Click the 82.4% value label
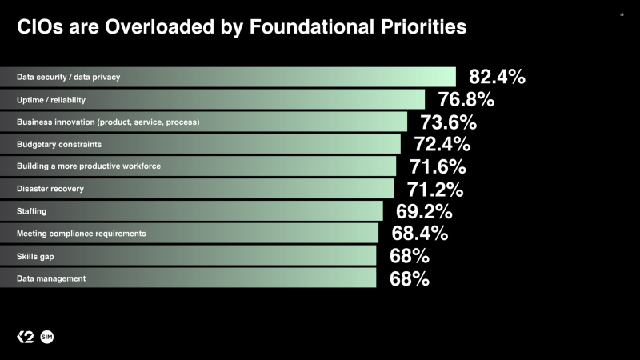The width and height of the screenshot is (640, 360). pos(497,77)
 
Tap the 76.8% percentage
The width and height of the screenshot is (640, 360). pos(466,99)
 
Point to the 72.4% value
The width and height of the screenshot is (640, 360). pos(442,144)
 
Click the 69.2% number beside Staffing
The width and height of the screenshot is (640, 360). pos(424,211)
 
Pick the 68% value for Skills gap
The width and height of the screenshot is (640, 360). pos(410,256)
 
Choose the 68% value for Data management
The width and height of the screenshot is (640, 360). pos(410,278)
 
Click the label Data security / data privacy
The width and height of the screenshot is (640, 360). pos(68,78)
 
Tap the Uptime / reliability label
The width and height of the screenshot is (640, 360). pos(51,100)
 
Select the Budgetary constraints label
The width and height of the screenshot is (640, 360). pos(59,144)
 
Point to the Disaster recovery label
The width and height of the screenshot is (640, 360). pos(50,189)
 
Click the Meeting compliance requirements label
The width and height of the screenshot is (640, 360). pos(81,234)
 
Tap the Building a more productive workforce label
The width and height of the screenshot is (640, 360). pos(89,166)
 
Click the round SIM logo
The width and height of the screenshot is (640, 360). pos(47,337)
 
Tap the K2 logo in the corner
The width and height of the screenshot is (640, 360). pos(26,337)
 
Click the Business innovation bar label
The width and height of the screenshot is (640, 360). pos(108,122)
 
